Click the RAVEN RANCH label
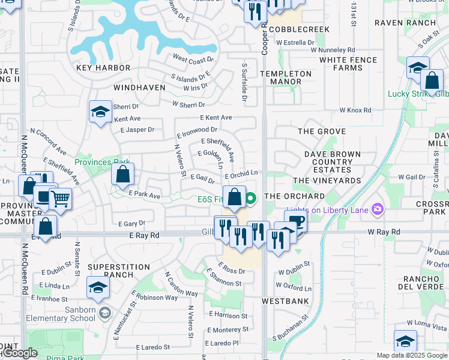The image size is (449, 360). click(x=405, y=23)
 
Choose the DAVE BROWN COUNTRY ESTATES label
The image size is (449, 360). click(x=332, y=162)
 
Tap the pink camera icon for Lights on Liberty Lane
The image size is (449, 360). click(x=378, y=209)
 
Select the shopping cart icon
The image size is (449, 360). click(x=60, y=199)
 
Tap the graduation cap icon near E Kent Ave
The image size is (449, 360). click(x=101, y=112)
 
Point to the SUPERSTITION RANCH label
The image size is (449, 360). click(x=119, y=271)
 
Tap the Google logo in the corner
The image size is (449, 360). click(x=19, y=353)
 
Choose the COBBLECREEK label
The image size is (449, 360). click(x=291, y=29)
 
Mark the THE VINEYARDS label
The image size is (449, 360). click(x=327, y=180)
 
